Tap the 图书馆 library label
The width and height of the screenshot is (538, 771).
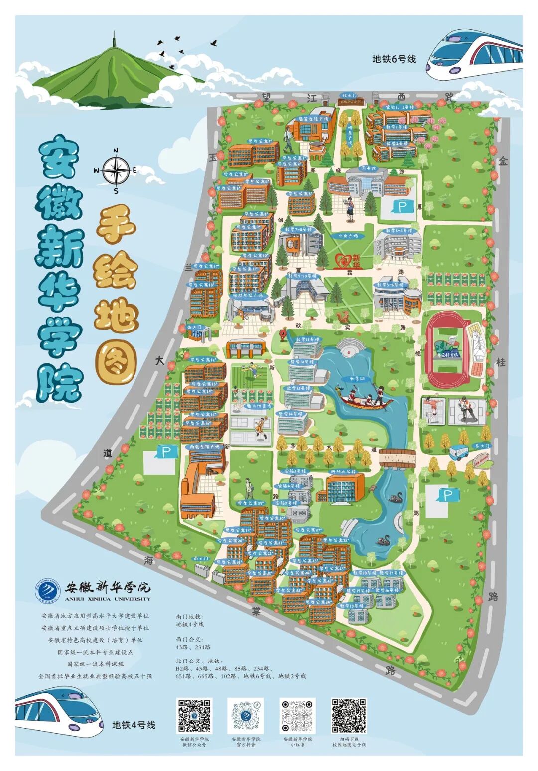368,169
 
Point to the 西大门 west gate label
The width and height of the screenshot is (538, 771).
194,327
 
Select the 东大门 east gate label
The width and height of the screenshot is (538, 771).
482,445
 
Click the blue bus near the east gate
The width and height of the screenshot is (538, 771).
459,452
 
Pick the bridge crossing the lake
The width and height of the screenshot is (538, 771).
397,456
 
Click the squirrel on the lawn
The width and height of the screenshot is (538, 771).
343,317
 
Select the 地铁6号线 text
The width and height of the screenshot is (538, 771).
394,59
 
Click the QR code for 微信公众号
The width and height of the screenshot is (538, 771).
194,716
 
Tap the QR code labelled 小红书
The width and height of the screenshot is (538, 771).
298,716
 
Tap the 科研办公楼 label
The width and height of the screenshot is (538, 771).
344,471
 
